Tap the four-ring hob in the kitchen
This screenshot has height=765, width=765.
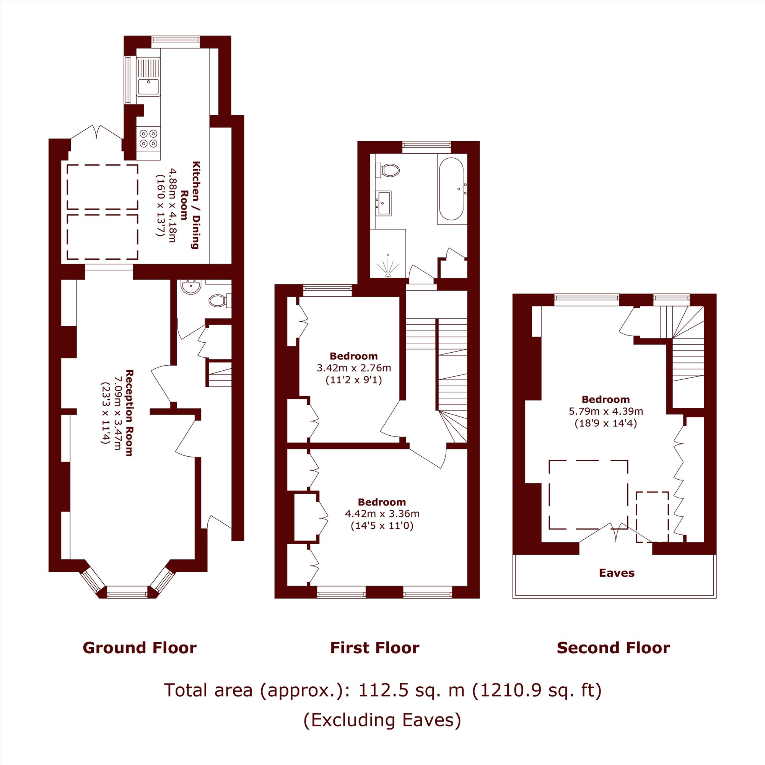tap(149, 138)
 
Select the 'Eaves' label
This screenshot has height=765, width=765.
tap(617, 573)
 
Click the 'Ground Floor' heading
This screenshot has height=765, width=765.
tap(140, 648)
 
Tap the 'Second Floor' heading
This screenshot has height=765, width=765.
tap(614, 648)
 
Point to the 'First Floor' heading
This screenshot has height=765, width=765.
tap(374, 648)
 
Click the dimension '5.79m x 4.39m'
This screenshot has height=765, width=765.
tap(606, 411)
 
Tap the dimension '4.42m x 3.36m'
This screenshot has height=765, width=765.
tap(382, 514)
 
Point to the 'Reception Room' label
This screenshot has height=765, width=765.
tap(129, 413)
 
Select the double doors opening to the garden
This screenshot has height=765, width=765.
tap(96, 132)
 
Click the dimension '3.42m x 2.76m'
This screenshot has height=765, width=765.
tap(353, 368)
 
